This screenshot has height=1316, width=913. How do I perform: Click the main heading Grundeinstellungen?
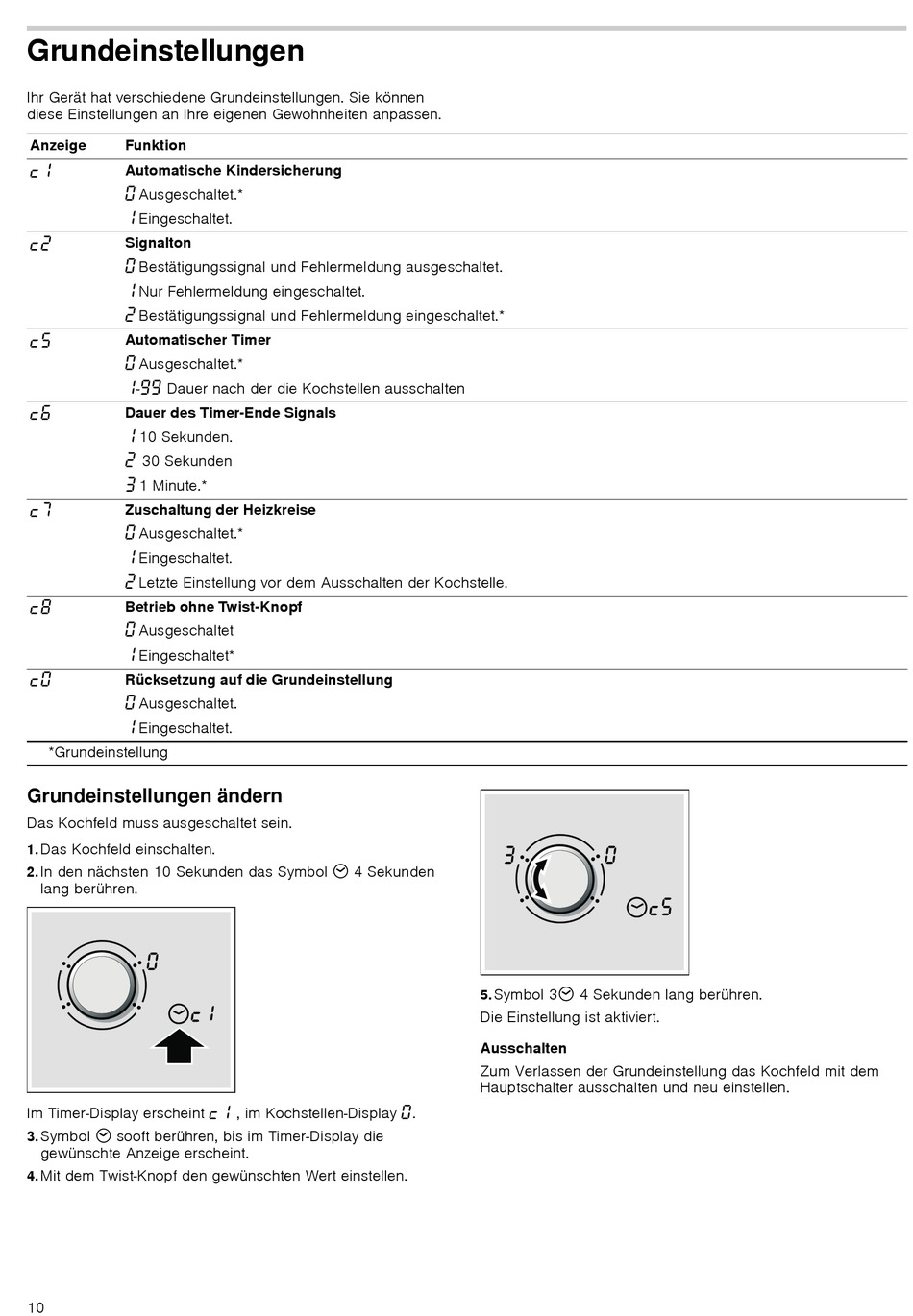[x=165, y=51]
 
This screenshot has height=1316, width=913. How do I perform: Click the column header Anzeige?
[x=58, y=146]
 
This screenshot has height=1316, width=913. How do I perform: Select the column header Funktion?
[x=156, y=146]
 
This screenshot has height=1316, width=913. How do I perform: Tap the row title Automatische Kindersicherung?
[x=234, y=171]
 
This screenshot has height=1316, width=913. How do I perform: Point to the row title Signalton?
[x=159, y=244]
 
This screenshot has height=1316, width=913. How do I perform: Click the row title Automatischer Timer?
[x=198, y=340]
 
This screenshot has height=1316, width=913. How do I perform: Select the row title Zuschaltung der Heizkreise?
[x=220, y=510]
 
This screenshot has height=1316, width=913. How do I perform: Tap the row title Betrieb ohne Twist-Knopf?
[x=213, y=607]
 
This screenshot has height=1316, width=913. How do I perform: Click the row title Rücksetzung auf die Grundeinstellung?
[x=259, y=680]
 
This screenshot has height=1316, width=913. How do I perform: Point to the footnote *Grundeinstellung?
[x=109, y=753]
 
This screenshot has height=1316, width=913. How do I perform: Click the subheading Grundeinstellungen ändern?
[x=155, y=796]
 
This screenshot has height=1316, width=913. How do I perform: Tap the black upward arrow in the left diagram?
[x=179, y=1046]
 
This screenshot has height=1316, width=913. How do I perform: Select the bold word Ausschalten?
[x=524, y=1049]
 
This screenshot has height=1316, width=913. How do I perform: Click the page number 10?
[x=36, y=1307]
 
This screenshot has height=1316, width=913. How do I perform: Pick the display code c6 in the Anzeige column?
[x=39, y=414]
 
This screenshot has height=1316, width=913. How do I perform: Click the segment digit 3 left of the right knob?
[x=510, y=855]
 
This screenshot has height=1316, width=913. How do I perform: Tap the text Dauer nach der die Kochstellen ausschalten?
[x=315, y=389]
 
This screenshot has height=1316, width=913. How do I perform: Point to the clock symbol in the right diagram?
[x=636, y=907]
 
